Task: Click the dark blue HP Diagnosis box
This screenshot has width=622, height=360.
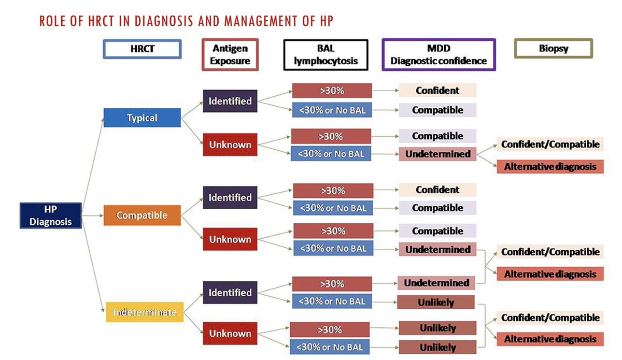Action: point(50,215)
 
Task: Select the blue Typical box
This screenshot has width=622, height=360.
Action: point(142,118)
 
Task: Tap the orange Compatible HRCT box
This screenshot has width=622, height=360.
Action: point(142,214)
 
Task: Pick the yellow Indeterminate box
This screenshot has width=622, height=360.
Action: point(145,312)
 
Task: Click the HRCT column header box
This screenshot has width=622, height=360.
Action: point(142,49)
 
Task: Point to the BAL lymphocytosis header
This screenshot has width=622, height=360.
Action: point(326,54)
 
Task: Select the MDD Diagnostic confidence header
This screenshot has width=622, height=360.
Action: point(439,54)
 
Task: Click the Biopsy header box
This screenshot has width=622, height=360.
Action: point(553,49)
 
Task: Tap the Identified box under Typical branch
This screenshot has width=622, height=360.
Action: point(230,101)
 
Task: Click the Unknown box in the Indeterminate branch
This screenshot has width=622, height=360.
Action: point(230,334)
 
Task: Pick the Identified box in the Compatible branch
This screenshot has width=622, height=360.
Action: point(230,197)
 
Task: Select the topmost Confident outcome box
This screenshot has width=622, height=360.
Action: point(437,90)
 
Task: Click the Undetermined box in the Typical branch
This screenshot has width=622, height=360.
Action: point(437,153)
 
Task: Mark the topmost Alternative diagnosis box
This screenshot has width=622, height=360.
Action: point(550,167)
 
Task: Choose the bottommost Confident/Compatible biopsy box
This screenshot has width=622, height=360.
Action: point(550,318)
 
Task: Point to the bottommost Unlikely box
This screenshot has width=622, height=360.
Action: point(437,347)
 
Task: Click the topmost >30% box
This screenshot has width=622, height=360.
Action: point(332,91)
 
